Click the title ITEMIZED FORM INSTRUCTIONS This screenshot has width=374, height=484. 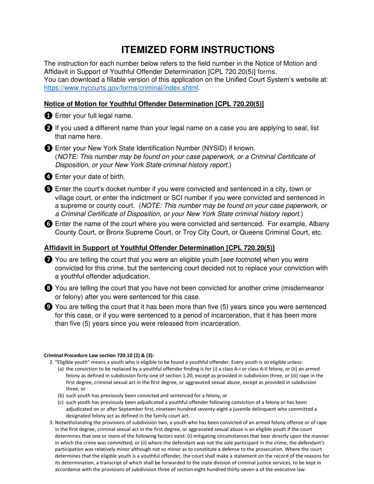coord(198,50)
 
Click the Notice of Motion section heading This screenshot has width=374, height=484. coord(154,104)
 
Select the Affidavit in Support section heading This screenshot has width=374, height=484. coord(159,248)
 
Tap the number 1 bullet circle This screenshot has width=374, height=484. coord(48,116)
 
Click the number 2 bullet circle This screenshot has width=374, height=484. coord(48,128)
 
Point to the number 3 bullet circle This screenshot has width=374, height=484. coord(48,148)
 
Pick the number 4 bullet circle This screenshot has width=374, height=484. coord(48,177)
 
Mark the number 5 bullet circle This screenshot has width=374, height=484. coord(48,189)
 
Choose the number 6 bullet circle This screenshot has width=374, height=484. coord(48,224)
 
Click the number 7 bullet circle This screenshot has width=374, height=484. coord(48,260)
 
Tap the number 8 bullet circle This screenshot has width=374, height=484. coord(48,288)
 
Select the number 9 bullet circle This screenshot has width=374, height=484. coord(48,307)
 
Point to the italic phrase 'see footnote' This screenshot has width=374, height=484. coord(242,260)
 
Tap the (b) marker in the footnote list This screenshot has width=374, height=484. coord(61,395)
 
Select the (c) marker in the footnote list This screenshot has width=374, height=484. coord(61,402)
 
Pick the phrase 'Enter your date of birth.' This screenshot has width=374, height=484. coord(90,177)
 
